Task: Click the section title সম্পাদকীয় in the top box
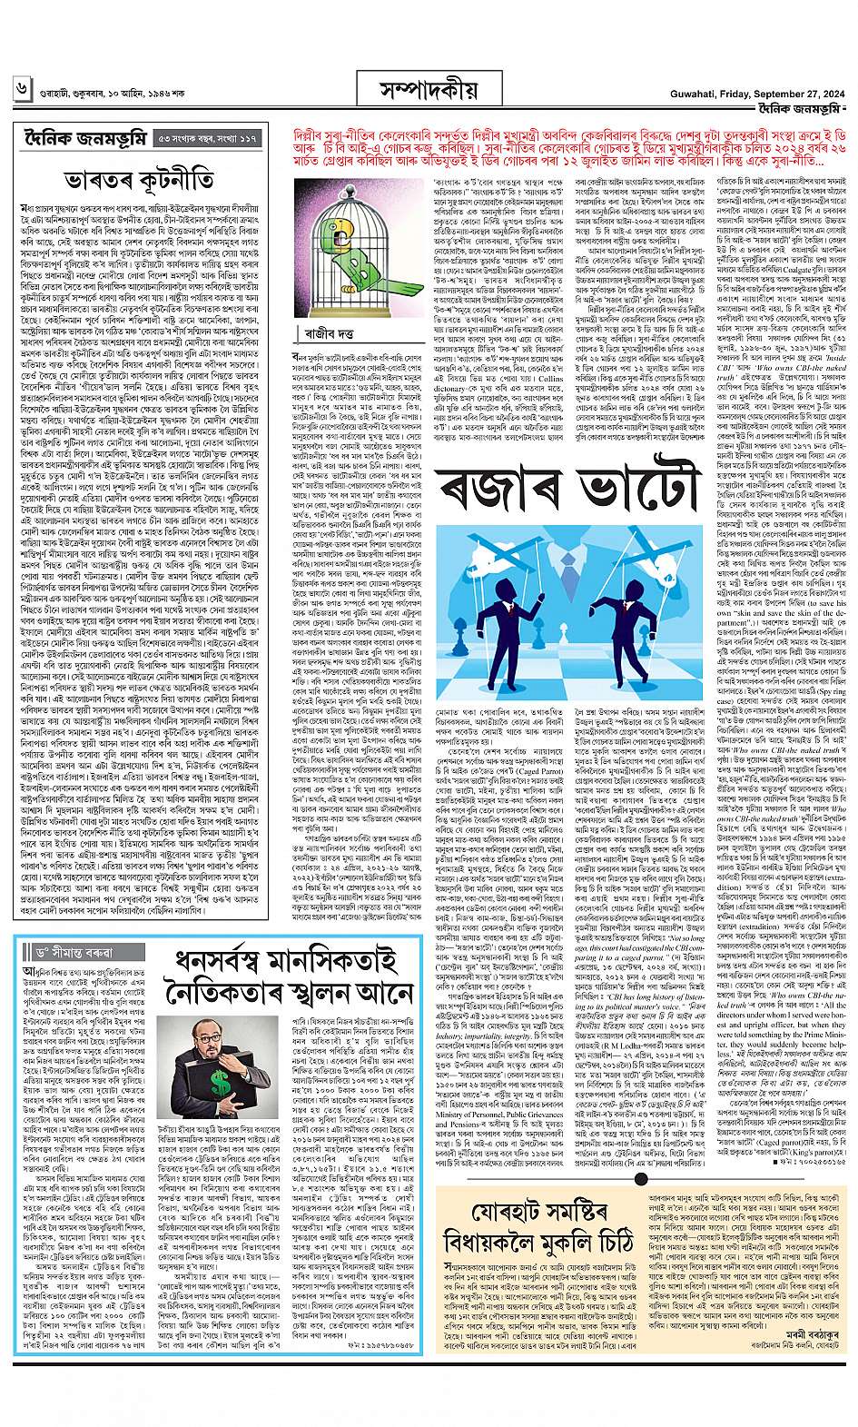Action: click(x=428, y=92)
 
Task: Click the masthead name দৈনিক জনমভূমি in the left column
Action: click(x=82, y=138)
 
